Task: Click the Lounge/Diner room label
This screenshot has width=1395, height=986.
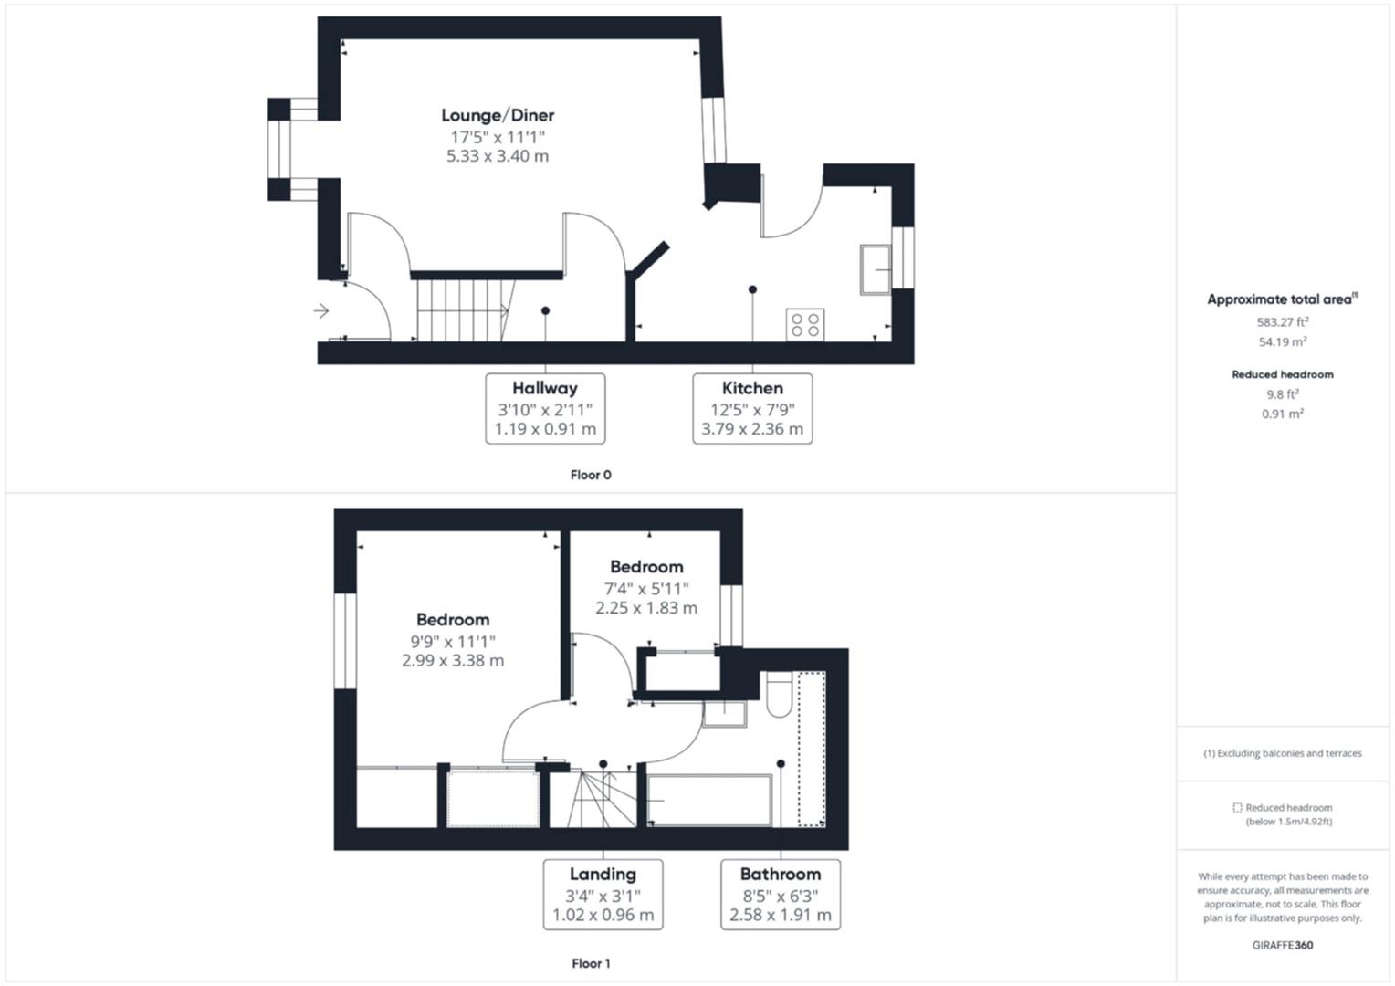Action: click(498, 115)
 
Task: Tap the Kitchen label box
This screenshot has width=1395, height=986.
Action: click(752, 408)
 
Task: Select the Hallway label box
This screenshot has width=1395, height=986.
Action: click(545, 408)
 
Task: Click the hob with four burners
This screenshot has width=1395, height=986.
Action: click(805, 325)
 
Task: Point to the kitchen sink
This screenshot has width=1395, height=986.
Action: click(876, 269)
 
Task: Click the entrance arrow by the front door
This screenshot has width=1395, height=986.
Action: click(321, 311)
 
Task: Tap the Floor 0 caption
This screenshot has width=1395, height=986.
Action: click(591, 475)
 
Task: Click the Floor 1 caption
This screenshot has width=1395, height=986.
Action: click(591, 963)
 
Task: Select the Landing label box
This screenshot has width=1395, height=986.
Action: click(603, 894)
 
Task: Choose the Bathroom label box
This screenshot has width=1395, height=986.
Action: click(781, 894)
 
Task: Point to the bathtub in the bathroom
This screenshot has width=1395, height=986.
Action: click(709, 801)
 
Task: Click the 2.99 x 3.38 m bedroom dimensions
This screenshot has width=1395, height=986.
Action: click(453, 660)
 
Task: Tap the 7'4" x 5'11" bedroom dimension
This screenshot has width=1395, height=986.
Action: click(646, 589)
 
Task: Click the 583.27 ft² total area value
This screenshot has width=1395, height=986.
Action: click(1283, 322)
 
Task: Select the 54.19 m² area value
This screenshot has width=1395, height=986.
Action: click(1283, 342)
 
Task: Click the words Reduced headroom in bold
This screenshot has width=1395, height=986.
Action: click(1283, 374)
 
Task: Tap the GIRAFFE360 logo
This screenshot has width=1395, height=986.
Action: click(1283, 945)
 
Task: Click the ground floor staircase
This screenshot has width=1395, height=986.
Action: click(462, 309)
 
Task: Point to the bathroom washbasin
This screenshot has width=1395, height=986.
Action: click(725, 713)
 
